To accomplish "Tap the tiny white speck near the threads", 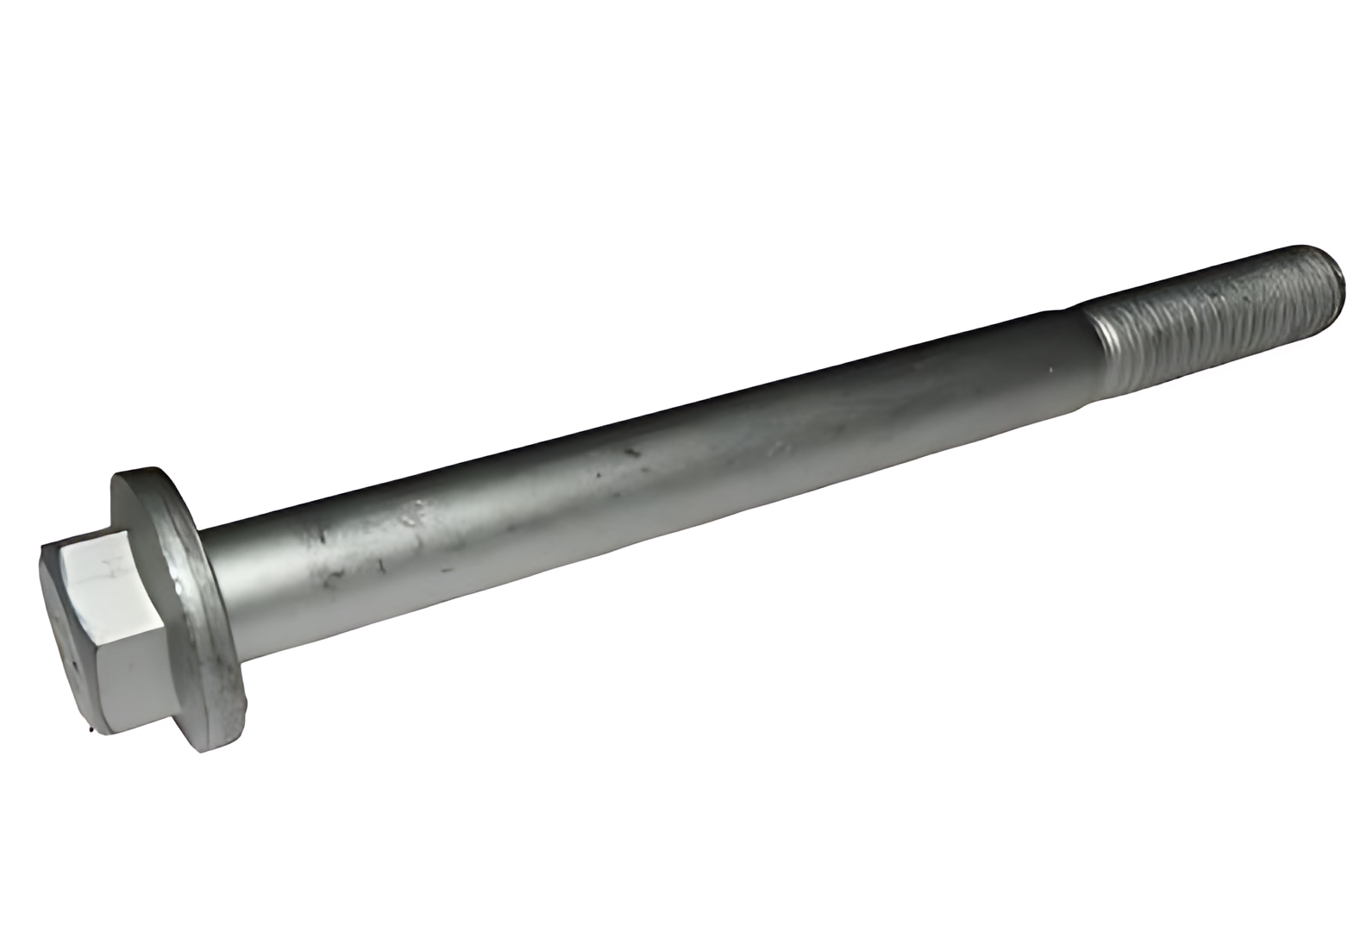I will click(1050, 371).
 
